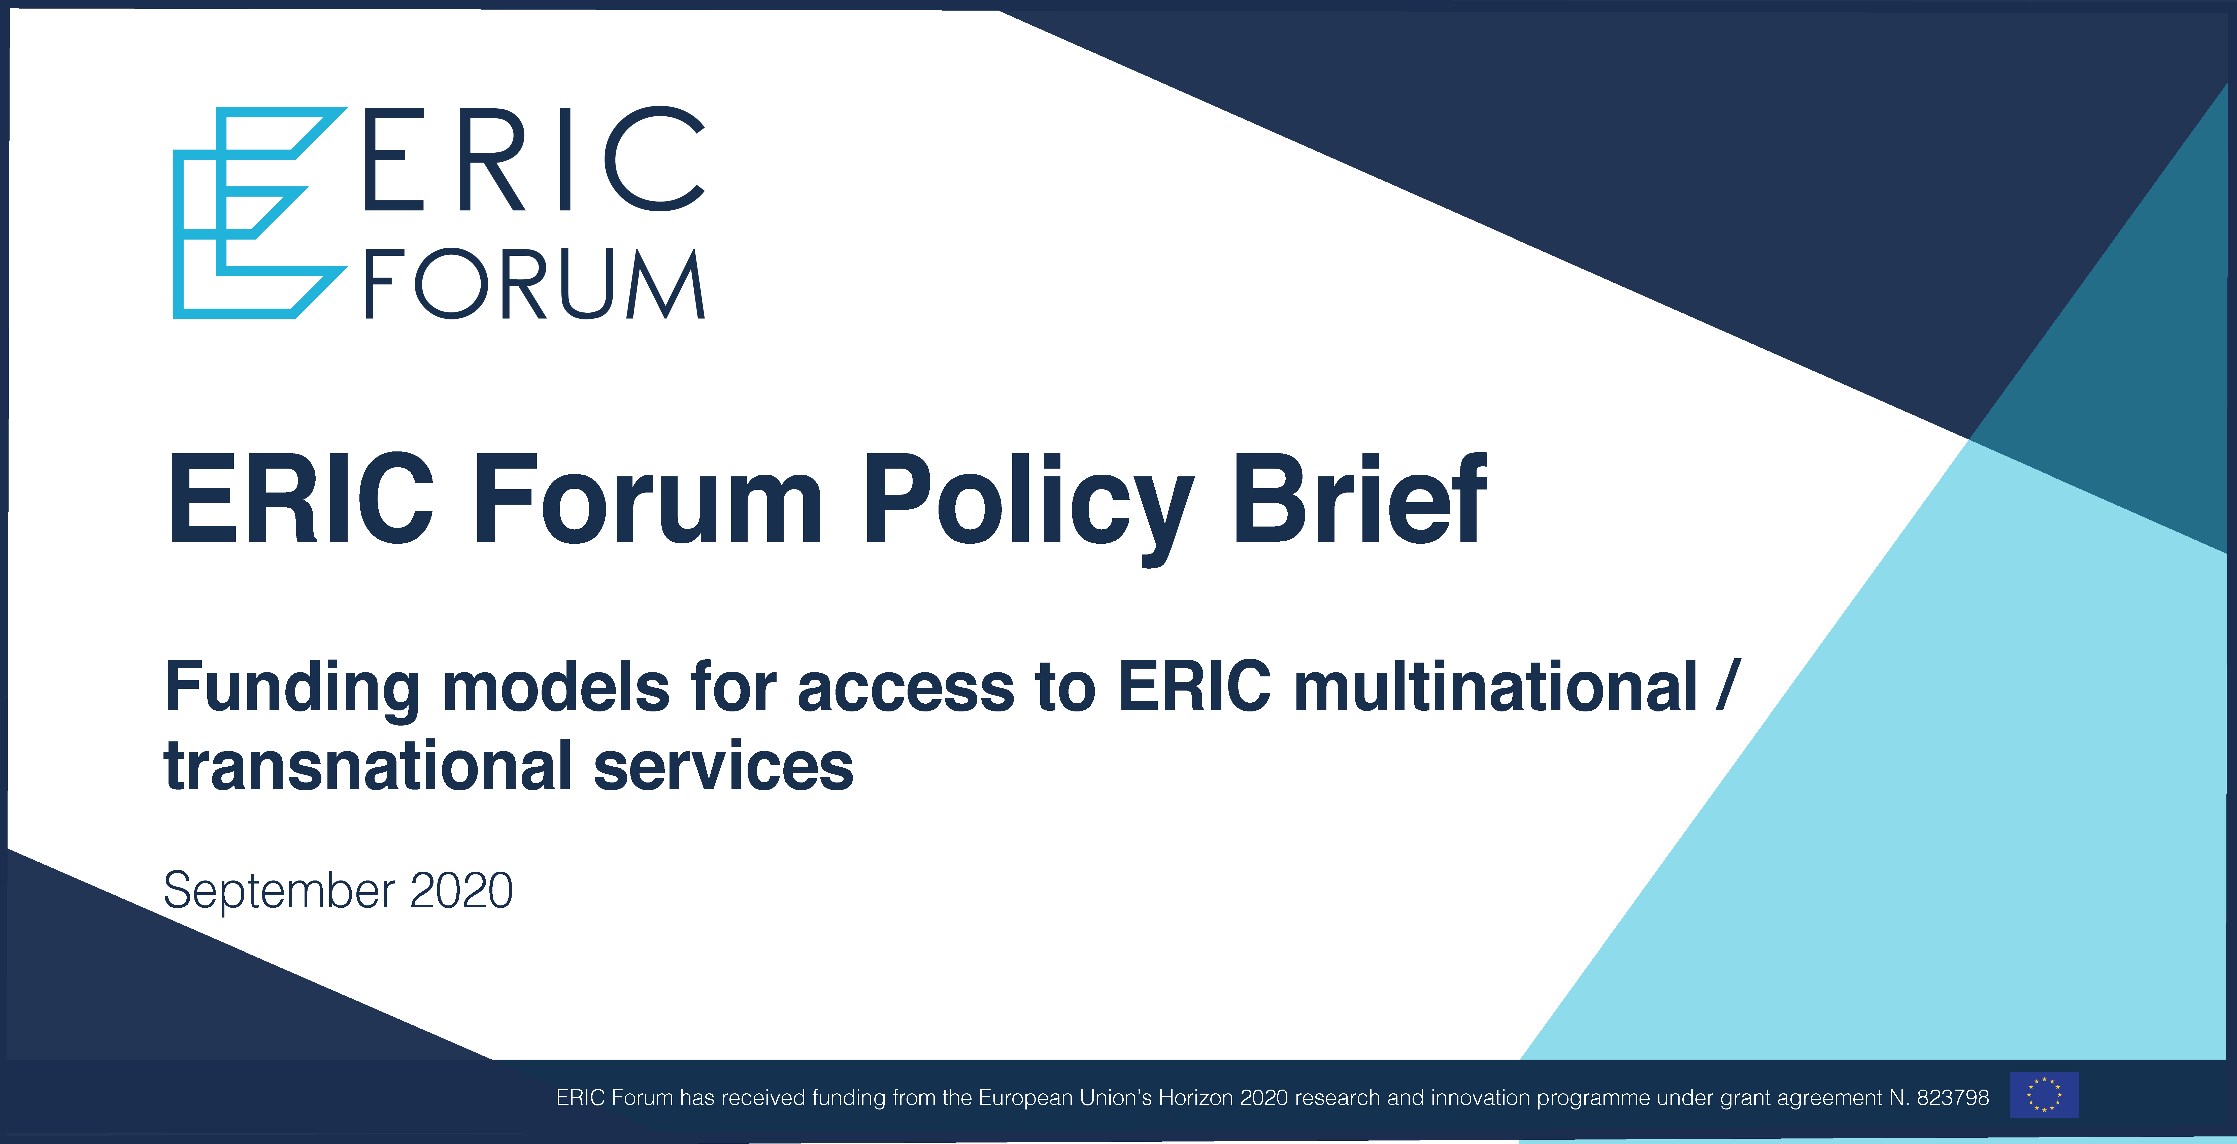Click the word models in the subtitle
coord(557,686)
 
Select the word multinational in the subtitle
coord(1495,686)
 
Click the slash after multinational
coord(1728,686)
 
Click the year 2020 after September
coord(461,890)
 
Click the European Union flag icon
coord(2044,1094)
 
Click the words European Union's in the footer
coord(1065,1098)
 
